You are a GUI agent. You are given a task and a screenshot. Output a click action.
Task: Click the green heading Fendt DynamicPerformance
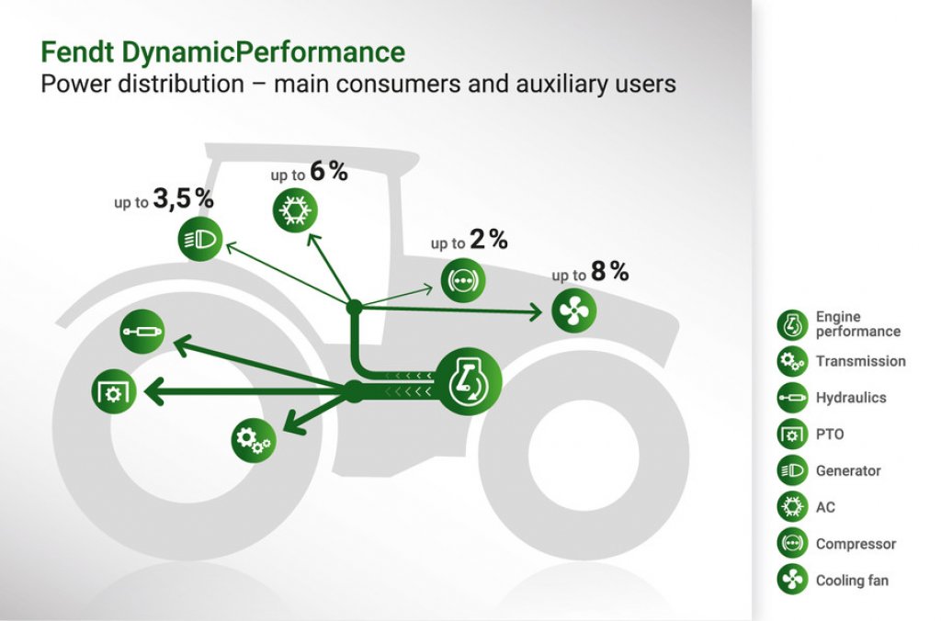point(222,52)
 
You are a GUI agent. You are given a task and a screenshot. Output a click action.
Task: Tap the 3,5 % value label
point(183,198)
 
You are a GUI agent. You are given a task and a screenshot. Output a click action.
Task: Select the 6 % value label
point(329,172)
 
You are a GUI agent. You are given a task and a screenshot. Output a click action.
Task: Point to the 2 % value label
point(489,240)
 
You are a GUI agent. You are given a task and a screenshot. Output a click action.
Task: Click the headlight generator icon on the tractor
point(200,239)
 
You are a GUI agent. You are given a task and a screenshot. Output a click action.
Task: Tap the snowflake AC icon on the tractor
point(295,210)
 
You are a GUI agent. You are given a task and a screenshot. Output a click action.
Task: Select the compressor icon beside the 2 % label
point(463,280)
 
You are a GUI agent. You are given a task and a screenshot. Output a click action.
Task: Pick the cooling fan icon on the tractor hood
point(573,310)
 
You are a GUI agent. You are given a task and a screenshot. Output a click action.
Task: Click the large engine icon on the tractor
point(468,381)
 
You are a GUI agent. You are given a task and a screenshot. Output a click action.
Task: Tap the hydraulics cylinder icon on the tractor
point(142,332)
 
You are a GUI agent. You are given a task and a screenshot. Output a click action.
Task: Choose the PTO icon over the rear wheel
point(114,392)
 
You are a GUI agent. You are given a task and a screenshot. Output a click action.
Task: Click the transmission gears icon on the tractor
point(254,440)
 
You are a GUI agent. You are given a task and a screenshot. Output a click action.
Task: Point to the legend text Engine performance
point(857,324)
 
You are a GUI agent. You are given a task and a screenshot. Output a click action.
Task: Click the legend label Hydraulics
point(851,398)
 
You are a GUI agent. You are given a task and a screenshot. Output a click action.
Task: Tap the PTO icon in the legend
point(792,435)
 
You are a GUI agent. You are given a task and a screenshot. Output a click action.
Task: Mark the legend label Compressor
point(856,544)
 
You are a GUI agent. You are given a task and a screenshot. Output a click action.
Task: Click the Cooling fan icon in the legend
point(792,581)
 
